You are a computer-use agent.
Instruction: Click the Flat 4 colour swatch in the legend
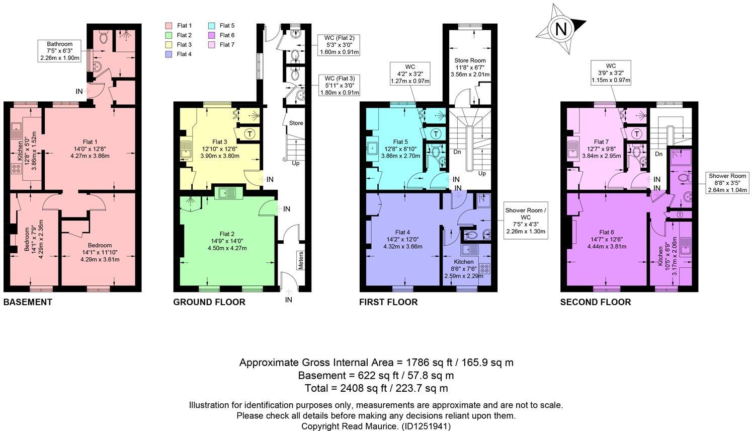170,54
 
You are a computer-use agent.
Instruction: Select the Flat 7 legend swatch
212,45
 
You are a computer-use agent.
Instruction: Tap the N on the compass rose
560,29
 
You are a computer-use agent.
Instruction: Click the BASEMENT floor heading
28,302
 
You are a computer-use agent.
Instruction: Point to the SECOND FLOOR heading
595,302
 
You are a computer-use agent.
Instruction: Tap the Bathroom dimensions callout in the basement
60,51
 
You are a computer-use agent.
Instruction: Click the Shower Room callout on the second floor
728,183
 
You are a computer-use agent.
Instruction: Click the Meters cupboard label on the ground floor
301,260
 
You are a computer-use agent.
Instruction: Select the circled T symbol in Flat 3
249,134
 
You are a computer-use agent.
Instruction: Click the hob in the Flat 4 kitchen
485,268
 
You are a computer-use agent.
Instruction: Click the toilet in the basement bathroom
104,37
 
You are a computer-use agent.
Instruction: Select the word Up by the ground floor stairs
296,163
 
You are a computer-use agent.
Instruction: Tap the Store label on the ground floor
296,123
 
